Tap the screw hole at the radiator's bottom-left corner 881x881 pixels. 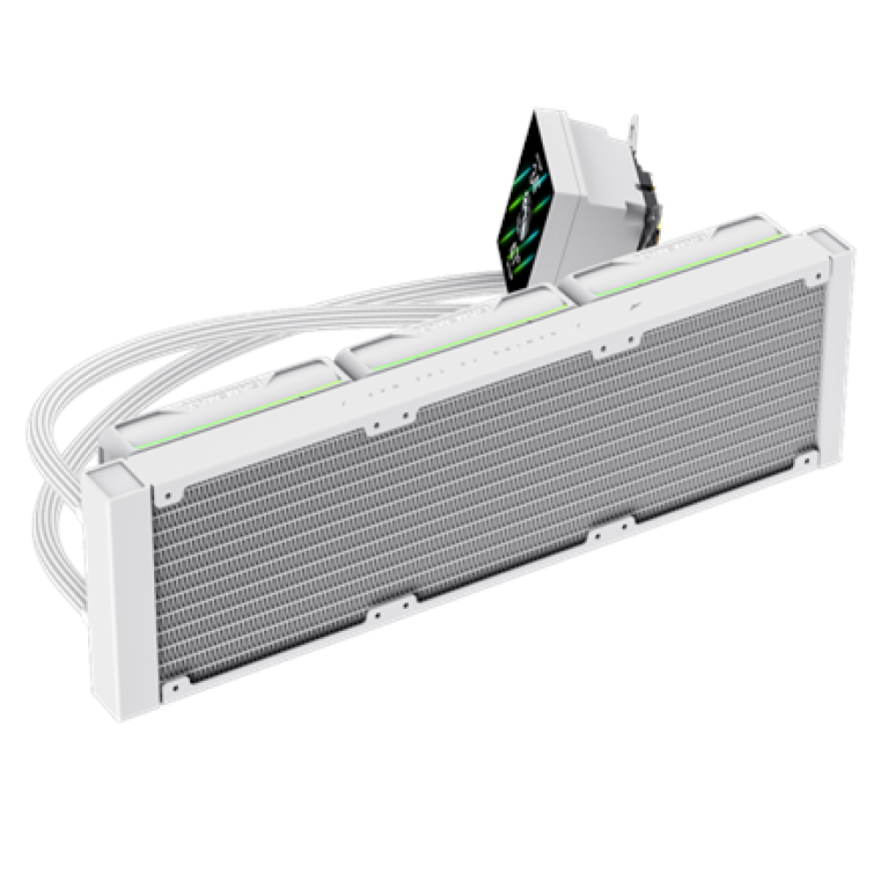pyautogui.click(x=173, y=685)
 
